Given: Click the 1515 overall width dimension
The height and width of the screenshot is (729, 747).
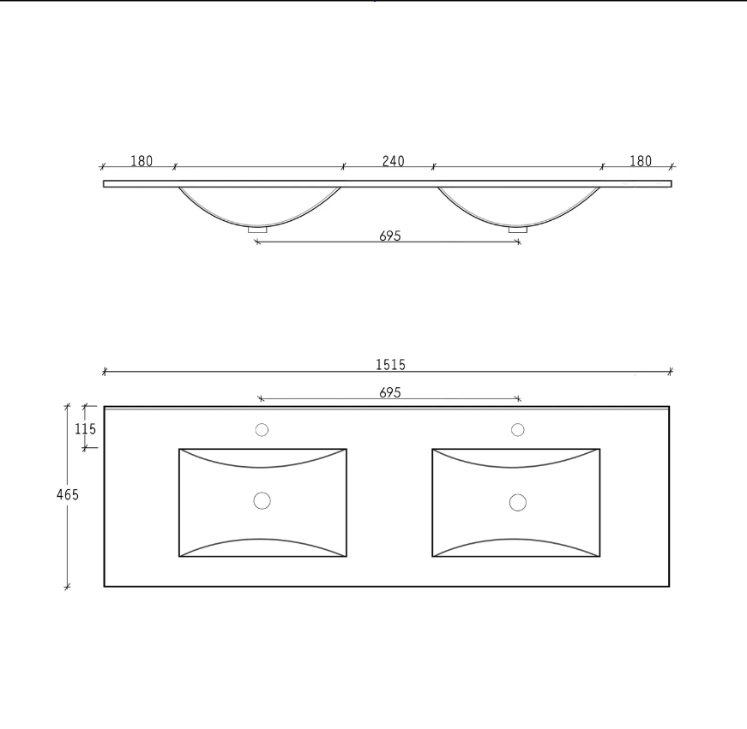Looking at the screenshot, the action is click(x=390, y=365).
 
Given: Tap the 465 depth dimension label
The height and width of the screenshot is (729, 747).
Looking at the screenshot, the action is click(x=67, y=495).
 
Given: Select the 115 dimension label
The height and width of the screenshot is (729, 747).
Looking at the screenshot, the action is click(x=85, y=429).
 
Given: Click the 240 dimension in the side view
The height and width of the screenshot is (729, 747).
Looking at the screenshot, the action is click(x=393, y=161).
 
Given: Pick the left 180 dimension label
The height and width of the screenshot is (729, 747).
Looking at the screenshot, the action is click(x=142, y=161).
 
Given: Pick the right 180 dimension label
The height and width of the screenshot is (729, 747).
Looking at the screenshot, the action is click(x=641, y=161).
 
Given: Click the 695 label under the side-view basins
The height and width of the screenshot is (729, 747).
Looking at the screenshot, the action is click(x=390, y=236).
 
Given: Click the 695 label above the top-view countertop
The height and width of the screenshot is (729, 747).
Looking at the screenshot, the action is click(x=390, y=392).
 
